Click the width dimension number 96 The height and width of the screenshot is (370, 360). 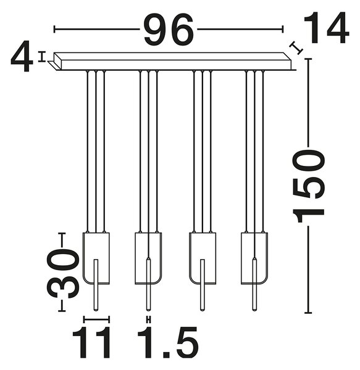click(169, 30)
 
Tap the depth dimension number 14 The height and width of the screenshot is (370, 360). click(326, 28)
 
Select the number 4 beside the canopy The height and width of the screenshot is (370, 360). click(22, 56)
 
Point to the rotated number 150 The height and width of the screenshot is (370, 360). click(308, 186)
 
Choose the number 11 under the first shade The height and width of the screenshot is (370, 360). click(91, 346)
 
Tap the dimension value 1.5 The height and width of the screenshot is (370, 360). click(168, 346)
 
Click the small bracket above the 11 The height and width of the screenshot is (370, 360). click(96, 319)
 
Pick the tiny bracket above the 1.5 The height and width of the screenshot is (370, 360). click(148, 319)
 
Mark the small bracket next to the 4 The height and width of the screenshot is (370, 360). click(42, 57)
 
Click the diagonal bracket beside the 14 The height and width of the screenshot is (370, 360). click(296, 48)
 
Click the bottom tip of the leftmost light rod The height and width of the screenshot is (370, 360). click(96, 311)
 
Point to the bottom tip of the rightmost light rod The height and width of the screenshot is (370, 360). click(254, 311)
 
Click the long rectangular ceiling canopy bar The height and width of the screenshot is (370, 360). click(172, 61)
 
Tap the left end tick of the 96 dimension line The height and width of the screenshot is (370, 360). click(54, 30)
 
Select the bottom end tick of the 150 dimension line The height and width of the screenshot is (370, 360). click(308, 313)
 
